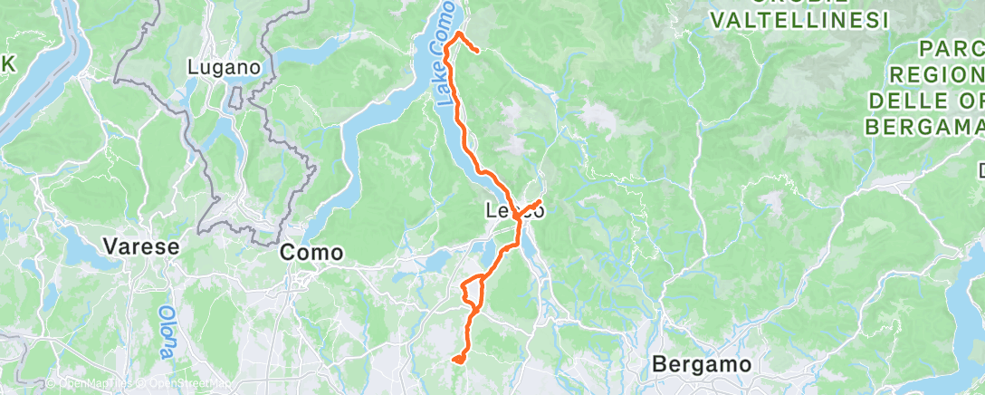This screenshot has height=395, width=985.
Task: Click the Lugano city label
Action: click(224, 67)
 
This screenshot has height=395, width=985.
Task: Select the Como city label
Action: click(311, 253)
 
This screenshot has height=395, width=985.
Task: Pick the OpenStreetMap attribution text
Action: click(186, 384)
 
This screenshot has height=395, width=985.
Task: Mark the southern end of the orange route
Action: click(458, 361)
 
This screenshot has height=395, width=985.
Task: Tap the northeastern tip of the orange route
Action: click(477, 52)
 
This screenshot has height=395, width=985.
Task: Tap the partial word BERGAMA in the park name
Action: click(924, 125)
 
